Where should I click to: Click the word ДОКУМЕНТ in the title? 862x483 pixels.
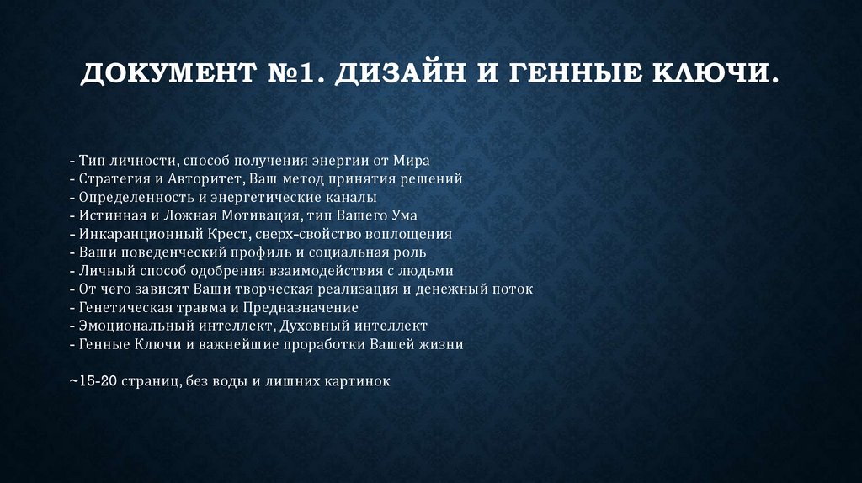tap(168, 74)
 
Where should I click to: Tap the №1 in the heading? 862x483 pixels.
tap(297, 74)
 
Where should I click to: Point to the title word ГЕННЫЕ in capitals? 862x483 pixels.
tap(575, 74)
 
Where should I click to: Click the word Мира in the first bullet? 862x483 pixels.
tap(411, 161)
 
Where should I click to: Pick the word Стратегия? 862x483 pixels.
tap(114, 179)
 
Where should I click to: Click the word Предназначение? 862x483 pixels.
tap(301, 307)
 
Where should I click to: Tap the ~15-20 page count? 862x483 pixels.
tap(93, 381)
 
